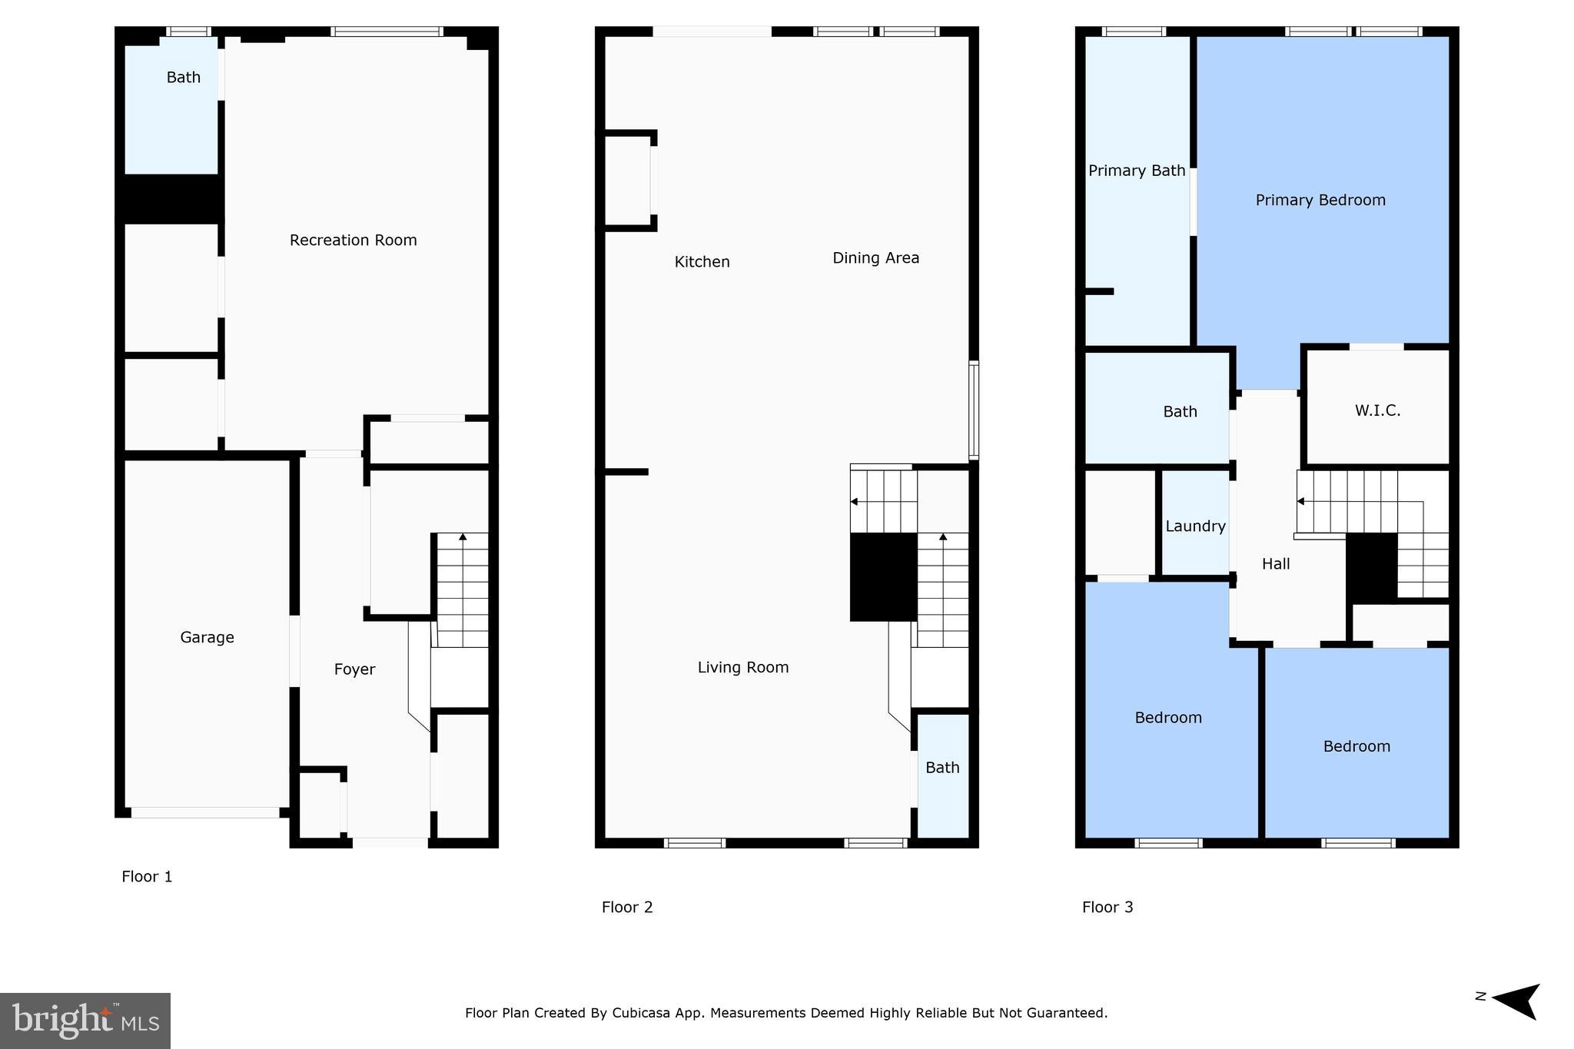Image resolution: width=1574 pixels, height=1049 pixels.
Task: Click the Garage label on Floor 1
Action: pyautogui.click(x=207, y=637)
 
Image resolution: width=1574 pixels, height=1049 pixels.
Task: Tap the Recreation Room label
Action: pyautogui.click(x=353, y=240)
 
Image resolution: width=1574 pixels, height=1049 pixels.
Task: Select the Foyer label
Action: pyautogui.click(x=354, y=669)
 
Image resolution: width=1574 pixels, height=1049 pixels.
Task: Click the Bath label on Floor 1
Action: pyautogui.click(x=183, y=77)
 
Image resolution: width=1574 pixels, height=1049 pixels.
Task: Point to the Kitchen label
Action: pyautogui.click(x=702, y=262)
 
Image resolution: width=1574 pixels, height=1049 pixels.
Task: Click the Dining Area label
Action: pyautogui.click(x=875, y=258)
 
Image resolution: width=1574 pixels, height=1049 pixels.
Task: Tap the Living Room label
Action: pyautogui.click(x=742, y=667)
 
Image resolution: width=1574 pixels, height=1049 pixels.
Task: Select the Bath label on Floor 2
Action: pyautogui.click(x=942, y=768)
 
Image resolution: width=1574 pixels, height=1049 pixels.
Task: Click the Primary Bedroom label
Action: pyautogui.click(x=1320, y=201)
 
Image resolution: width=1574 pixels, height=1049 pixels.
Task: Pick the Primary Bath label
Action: pyautogui.click(x=1136, y=171)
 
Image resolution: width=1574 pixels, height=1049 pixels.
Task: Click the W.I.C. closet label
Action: pyautogui.click(x=1377, y=410)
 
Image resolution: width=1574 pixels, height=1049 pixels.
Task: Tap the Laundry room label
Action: pyautogui.click(x=1195, y=526)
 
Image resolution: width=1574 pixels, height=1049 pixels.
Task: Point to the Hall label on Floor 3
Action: pyautogui.click(x=1275, y=564)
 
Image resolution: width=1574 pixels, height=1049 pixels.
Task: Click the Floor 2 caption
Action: pyautogui.click(x=627, y=907)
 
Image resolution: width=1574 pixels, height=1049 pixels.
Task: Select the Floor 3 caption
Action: pyautogui.click(x=1107, y=907)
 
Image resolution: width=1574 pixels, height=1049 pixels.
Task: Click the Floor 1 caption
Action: pyautogui.click(x=147, y=876)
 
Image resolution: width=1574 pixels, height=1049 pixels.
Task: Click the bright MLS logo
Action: pyautogui.click(x=85, y=1021)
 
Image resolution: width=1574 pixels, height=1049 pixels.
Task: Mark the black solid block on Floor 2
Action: pyautogui.click(x=883, y=576)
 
